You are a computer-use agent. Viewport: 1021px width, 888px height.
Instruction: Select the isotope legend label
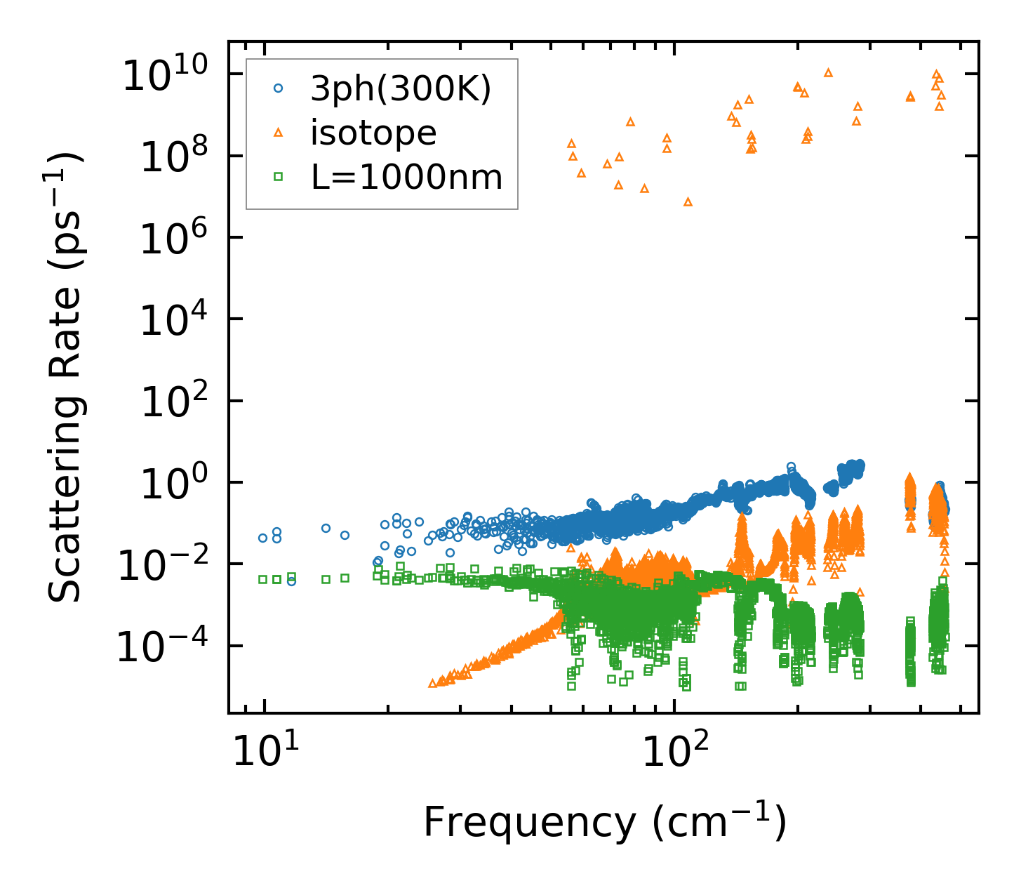[x=373, y=133]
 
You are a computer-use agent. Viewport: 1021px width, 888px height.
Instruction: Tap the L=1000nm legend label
[x=407, y=177]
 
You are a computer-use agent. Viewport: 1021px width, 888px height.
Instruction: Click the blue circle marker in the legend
[x=278, y=88]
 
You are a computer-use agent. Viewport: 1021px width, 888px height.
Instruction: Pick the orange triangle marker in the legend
[x=278, y=132]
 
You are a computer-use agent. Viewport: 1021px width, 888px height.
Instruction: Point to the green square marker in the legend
[x=278, y=177]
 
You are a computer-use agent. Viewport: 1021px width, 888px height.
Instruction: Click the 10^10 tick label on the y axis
[x=166, y=74]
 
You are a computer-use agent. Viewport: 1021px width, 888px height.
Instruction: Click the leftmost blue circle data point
[x=263, y=538]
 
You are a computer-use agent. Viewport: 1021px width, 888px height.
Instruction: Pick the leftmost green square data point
[x=263, y=579]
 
